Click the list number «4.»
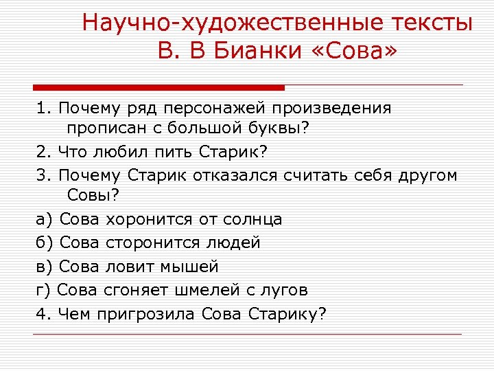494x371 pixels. coord(44,313)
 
